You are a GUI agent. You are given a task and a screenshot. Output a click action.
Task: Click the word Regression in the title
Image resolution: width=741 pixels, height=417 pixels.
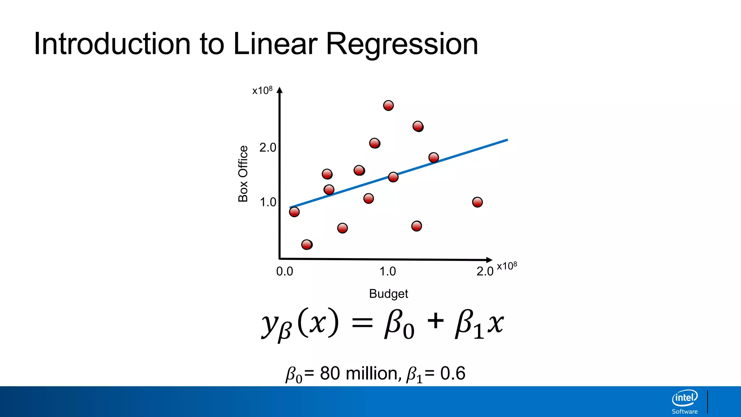pyautogui.click(x=402, y=44)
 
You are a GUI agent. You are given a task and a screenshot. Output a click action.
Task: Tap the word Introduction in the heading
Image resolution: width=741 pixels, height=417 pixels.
pyautogui.click(x=112, y=44)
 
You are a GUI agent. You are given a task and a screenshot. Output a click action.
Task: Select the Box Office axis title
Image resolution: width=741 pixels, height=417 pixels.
pyautogui.click(x=243, y=174)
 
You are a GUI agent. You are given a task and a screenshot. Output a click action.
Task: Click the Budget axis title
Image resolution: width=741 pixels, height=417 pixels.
pyautogui.click(x=388, y=294)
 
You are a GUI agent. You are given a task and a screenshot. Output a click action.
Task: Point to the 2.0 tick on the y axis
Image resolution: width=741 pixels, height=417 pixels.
pyautogui.click(x=268, y=148)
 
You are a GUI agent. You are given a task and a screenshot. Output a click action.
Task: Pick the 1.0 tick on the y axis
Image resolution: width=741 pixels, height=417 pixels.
pyautogui.click(x=268, y=202)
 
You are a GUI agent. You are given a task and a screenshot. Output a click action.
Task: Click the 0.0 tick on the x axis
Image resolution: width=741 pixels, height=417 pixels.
pyautogui.click(x=284, y=271)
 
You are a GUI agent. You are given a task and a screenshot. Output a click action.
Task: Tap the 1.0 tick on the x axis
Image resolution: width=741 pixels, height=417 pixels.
pyautogui.click(x=388, y=271)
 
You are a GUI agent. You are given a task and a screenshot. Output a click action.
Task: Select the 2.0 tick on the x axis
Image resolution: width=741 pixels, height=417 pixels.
pyautogui.click(x=485, y=271)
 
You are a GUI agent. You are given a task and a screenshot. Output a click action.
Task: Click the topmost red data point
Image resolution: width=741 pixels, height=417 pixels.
pyautogui.click(x=388, y=105)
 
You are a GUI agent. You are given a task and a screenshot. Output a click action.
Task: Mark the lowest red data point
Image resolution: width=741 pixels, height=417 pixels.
pyautogui.click(x=307, y=245)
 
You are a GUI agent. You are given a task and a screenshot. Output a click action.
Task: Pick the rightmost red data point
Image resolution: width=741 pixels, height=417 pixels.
pyautogui.click(x=477, y=202)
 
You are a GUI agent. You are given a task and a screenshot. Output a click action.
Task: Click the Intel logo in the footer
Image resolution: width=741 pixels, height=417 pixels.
pyautogui.click(x=685, y=398)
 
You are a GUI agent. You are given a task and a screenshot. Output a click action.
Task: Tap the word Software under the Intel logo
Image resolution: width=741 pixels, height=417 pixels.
pyautogui.click(x=685, y=412)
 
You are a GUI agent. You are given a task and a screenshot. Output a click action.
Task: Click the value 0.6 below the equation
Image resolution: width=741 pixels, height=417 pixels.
pyautogui.click(x=453, y=374)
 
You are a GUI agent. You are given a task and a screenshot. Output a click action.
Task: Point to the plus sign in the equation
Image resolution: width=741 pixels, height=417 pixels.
pyautogui.click(x=435, y=321)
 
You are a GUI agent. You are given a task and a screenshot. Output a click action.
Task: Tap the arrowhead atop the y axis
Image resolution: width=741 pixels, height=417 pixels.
pyautogui.click(x=279, y=90)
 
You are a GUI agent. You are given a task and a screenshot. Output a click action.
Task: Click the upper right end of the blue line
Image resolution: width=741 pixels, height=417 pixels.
pyautogui.click(x=507, y=140)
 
